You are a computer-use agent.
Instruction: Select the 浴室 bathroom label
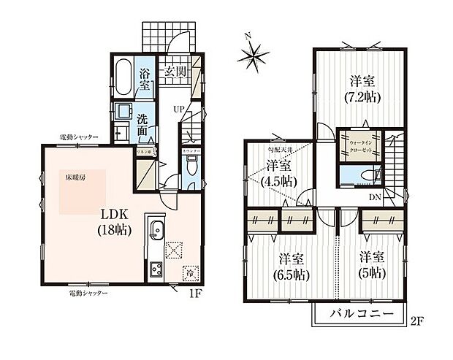click(145, 79)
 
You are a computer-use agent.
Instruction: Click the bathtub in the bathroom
click(123, 78)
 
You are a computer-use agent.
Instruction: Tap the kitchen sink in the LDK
click(155, 232)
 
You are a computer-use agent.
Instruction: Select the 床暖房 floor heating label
click(70, 177)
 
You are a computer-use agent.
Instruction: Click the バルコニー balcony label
click(359, 315)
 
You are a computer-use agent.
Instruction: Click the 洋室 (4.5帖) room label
click(278, 173)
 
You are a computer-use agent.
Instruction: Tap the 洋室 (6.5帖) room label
click(290, 266)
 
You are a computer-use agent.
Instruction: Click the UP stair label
click(178, 110)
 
